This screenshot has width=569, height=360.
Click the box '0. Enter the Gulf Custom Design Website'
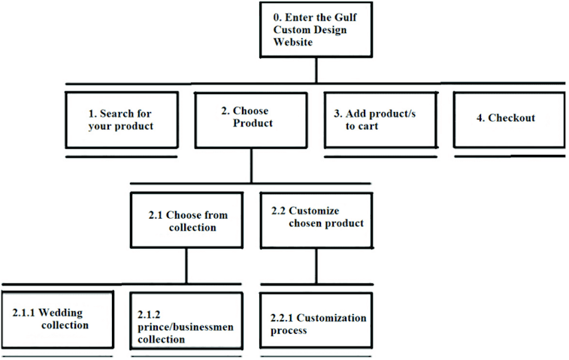(x=316, y=29)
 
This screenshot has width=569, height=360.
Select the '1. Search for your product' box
(x=121, y=120)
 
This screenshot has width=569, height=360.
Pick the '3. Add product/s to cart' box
(x=380, y=120)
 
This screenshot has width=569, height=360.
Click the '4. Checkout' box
(x=509, y=119)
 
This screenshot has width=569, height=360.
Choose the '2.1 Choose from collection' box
(x=186, y=221)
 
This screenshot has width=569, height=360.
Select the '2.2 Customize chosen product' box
(x=316, y=219)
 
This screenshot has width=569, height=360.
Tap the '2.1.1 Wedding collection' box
(x=57, y=319)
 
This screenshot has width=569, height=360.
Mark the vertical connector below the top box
(x=316, y=69)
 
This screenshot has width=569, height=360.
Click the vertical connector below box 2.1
(x=186, y=266)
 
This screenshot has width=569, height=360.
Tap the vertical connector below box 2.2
(x=316, y=266)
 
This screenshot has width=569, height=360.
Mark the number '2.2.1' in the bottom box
(x=284, y=319)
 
